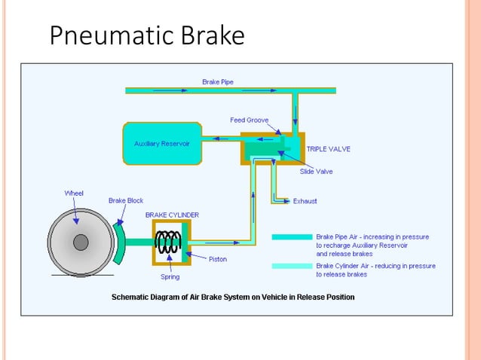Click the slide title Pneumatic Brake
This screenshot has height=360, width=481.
click(147, 35)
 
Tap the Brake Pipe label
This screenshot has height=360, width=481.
click(217, 81)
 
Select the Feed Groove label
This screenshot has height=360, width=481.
click(249, 120)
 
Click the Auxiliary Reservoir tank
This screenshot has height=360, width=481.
click(162, 143)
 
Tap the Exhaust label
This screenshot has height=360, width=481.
click(305, 201)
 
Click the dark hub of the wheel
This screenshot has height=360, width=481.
click(81, 242)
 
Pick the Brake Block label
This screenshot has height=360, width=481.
click(126, 200)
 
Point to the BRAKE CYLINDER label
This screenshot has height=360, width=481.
click(172, 215)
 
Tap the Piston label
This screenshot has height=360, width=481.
click(218, 259)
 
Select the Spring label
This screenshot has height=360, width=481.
click(170, 277)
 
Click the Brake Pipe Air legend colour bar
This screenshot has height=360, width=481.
click(291, 236)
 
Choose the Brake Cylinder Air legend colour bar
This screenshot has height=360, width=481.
click(291, 266)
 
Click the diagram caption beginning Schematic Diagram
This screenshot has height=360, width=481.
click(233, 297)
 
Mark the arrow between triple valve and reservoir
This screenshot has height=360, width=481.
click(224, 138)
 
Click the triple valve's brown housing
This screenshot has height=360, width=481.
click(249, 156)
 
